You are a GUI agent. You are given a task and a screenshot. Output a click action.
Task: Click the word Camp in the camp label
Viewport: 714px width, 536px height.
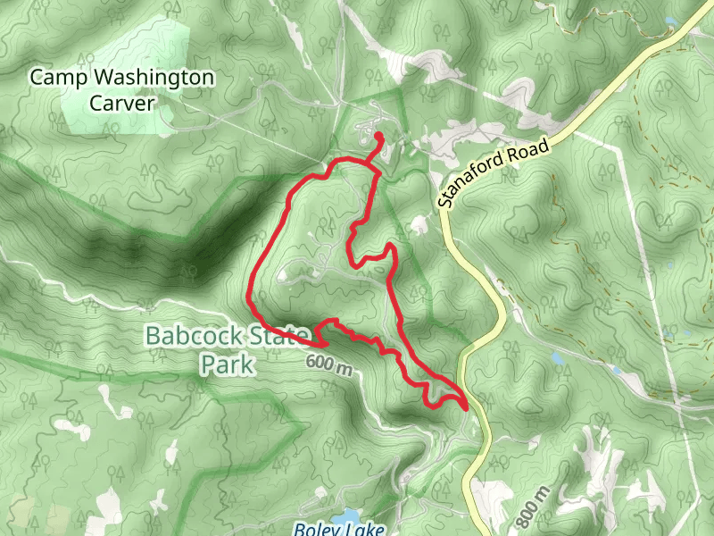52,78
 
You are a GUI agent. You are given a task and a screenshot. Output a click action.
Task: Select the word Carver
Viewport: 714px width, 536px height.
122,103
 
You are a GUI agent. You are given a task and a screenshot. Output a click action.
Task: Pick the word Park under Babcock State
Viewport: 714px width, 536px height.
227,364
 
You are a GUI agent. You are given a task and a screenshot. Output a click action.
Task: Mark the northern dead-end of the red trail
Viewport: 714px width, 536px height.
378,137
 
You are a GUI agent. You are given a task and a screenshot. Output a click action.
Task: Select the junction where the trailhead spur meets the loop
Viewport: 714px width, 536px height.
371,164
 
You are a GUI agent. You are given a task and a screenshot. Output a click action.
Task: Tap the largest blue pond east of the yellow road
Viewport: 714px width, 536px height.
558,358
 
